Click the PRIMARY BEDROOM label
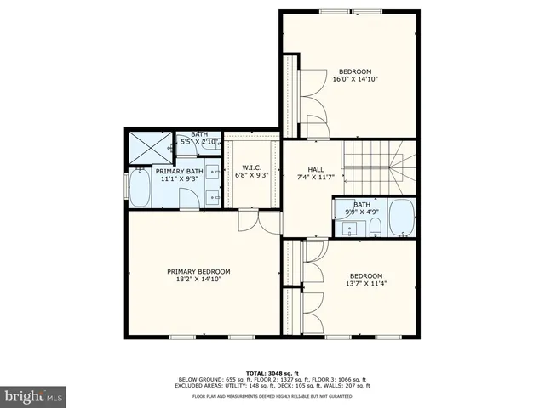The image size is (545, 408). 198,271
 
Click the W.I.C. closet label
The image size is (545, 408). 250,167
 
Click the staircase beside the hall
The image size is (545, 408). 374,167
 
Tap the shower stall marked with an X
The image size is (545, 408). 150,150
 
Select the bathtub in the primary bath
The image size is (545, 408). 139,189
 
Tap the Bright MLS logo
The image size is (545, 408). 34,396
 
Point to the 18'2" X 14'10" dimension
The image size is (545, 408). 198,279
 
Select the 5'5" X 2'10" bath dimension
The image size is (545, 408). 199,141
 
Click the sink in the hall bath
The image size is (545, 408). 348,227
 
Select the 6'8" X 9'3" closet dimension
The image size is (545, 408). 250,175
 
